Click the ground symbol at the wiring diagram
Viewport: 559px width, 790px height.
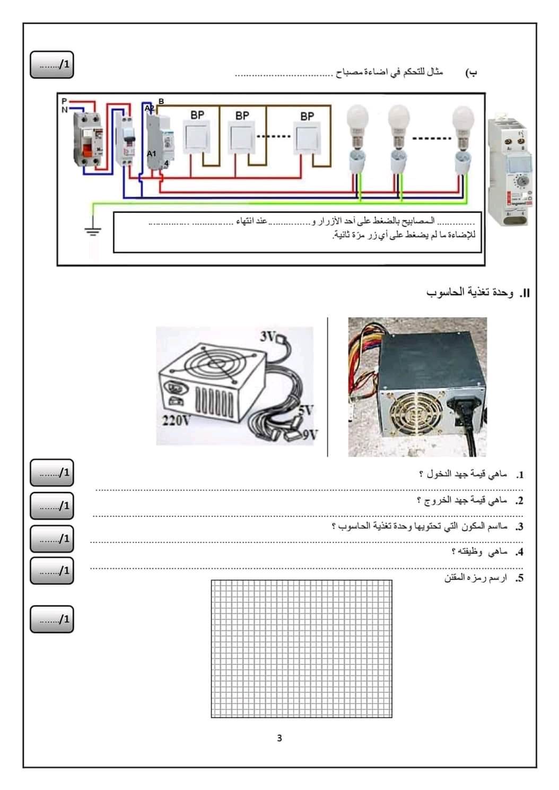click(x=93, y=231)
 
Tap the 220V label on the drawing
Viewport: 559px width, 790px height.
click(x=176, y=420)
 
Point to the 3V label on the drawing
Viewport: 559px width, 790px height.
click(x=268, y=336)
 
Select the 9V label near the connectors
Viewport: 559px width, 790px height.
click(x=310, y=435)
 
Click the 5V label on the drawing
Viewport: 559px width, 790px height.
click(x=306, y=410)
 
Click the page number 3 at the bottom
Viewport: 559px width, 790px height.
click(x=279, y=738)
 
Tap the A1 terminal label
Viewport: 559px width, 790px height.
click(x=152, y=154)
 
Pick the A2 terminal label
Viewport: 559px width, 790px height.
click(x=150, y=108)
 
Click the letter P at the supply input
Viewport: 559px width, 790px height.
click(x=64, y=101)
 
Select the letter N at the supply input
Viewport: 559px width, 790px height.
click(x=64, y=109)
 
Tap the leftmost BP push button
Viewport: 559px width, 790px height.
click(x=197, y=136)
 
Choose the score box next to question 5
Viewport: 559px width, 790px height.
click(x=52, y=619)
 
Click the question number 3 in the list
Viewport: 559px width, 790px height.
click(x=520, y=526)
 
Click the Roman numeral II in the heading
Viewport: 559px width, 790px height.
click(x=525, y=293)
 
